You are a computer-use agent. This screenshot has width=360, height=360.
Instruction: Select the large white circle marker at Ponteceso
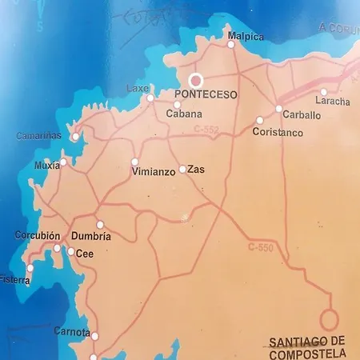point(196,81)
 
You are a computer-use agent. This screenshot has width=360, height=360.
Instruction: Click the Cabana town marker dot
point(177,104)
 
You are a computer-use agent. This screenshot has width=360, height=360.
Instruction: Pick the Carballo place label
point(302,115)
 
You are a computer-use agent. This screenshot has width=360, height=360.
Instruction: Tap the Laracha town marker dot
point(323,92)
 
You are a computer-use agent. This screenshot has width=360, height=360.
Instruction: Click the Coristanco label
point(278,133)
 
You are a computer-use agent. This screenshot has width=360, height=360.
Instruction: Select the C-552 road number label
point(207,129)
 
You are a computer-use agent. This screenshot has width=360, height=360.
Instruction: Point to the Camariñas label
point(38,136)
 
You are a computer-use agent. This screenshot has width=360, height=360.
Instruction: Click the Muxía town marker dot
point(62,162)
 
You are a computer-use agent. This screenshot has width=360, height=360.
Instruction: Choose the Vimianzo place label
point(153,172)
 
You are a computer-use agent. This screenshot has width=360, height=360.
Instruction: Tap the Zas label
point(196,170)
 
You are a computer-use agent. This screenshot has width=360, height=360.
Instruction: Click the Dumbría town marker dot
point(100,225)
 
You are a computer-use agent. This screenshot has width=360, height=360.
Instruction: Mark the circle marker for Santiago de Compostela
point(328,318)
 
